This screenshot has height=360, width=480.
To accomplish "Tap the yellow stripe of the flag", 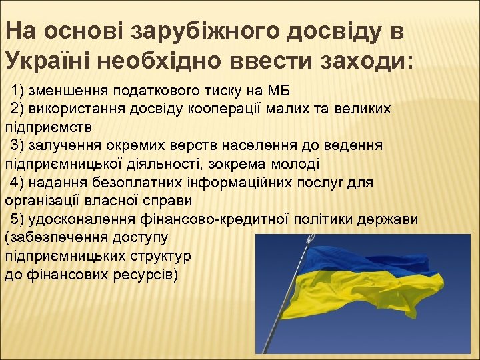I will [373, 287].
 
